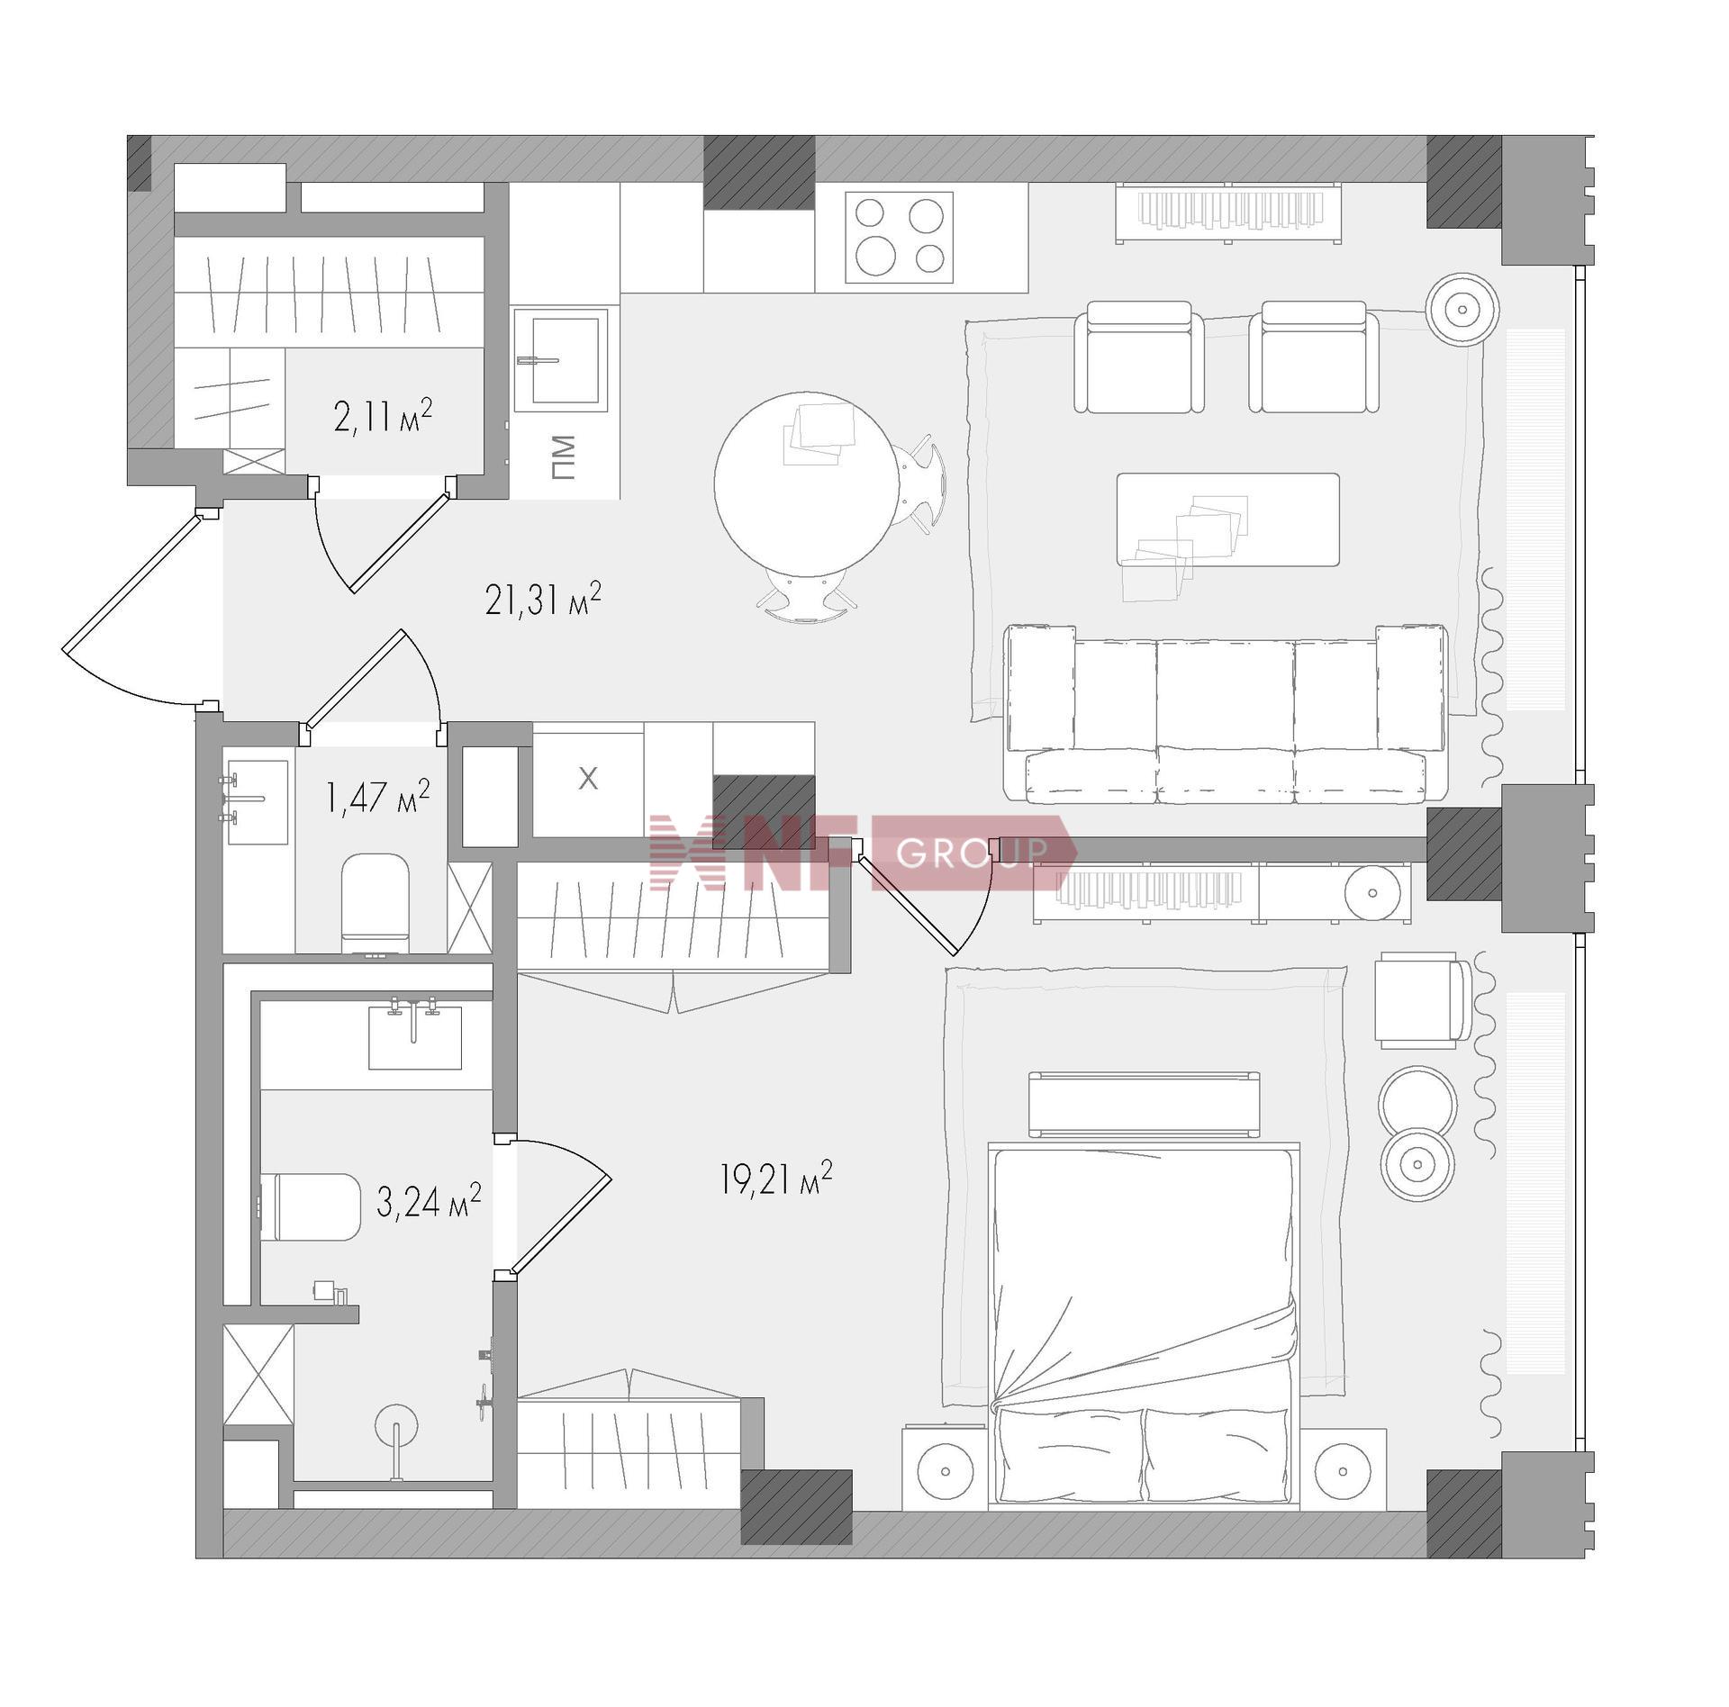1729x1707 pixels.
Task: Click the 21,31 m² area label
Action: (x=543, y=600)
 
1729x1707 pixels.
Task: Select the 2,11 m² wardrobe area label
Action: (x=383, y=416)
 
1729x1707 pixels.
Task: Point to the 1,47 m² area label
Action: (x=378, y=796)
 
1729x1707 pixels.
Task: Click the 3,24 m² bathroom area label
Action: (x=429, y=1201)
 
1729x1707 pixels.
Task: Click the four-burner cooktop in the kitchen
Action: (x=899, y=238)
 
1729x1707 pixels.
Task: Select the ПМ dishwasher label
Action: (x=563, y=457)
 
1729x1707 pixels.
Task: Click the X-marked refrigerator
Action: (x=588, y=780)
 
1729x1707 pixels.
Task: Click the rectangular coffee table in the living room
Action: (x=1227, y=519)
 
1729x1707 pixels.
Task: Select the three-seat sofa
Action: (x=1226, y=713)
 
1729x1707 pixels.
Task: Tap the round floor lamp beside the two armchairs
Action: (x=1462, y=310)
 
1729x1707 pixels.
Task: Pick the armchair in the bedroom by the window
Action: (x=1421, y=999)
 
